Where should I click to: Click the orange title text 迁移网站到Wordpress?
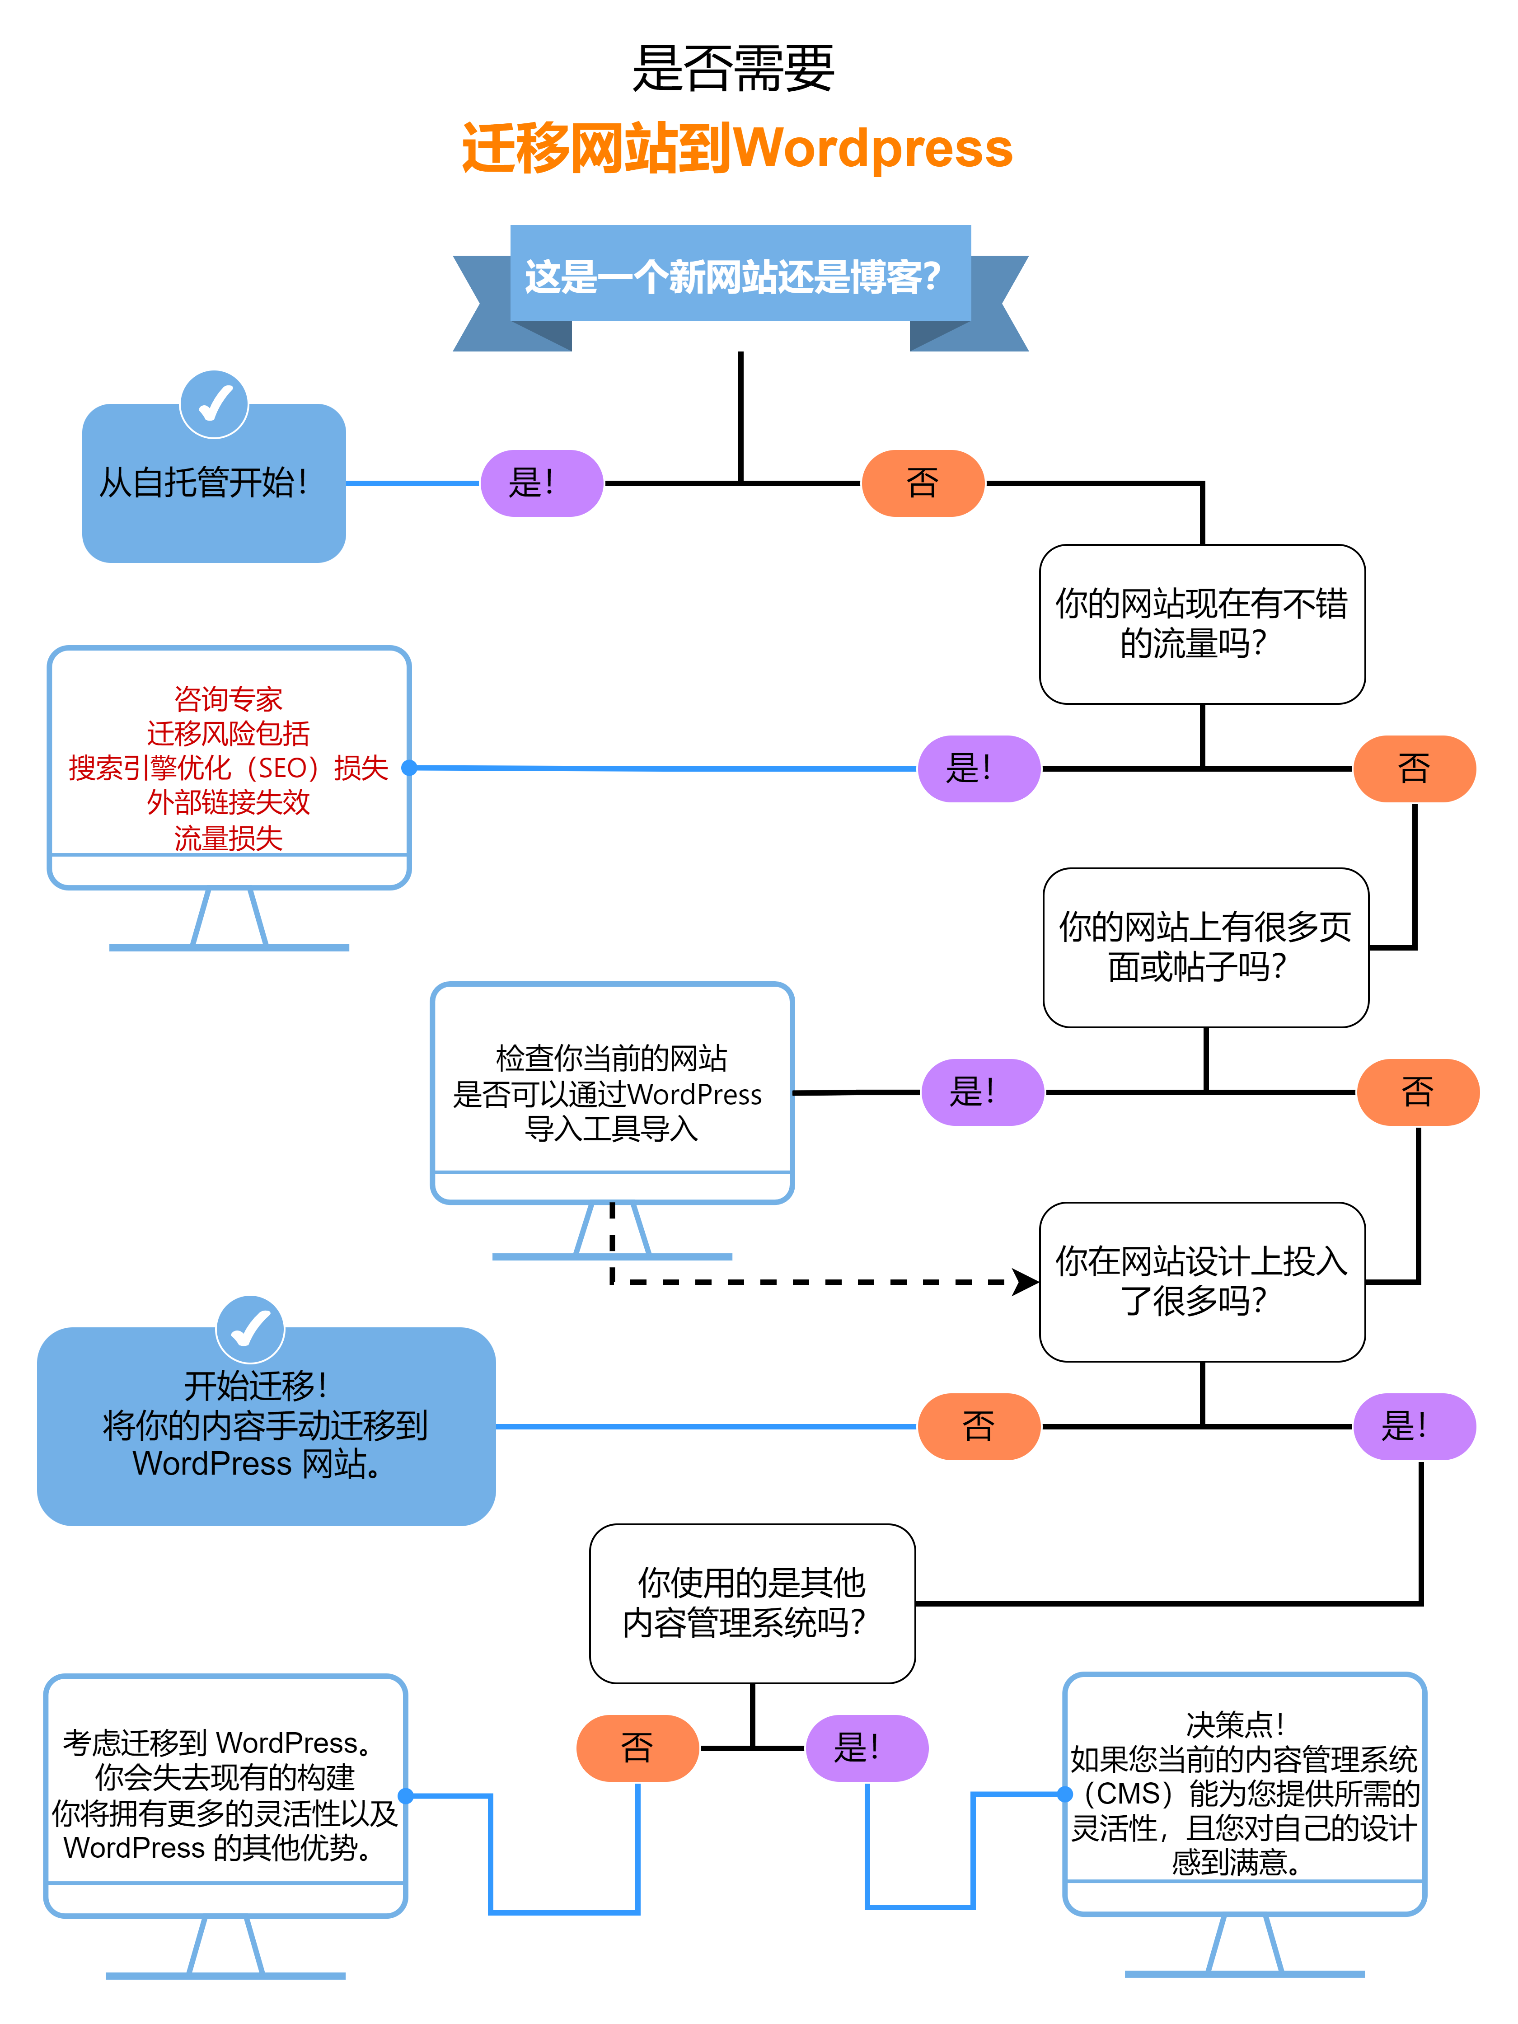click(736, 148)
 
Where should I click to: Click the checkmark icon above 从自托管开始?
click(214, 403)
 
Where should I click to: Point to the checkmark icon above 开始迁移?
click(250, 1329)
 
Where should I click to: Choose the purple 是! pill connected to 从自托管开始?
click(542, 483)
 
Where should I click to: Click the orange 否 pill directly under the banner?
click(923, 483)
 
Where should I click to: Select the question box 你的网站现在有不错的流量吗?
click(1201, 624)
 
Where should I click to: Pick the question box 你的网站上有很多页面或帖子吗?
click(1205, 947)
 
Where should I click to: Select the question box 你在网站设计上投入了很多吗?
click(1201, 1281)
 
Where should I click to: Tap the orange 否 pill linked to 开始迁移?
click(978, 1425)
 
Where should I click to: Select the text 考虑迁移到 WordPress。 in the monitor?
click(220, 1742)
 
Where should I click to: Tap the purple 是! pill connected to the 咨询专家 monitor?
click(978, 768)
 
